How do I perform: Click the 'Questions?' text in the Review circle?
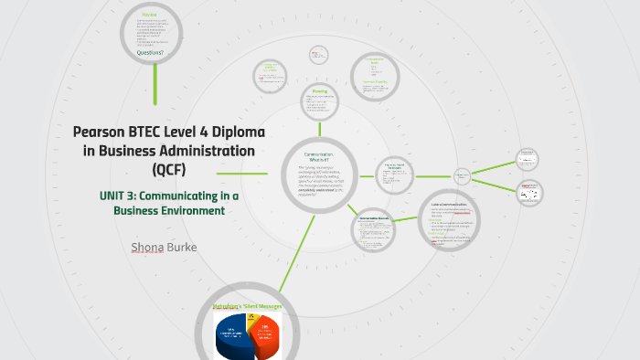point(151,52)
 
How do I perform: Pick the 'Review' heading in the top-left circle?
point(149,16)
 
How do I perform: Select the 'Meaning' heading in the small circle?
point(319,91)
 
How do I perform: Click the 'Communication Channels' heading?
point(377,219)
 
